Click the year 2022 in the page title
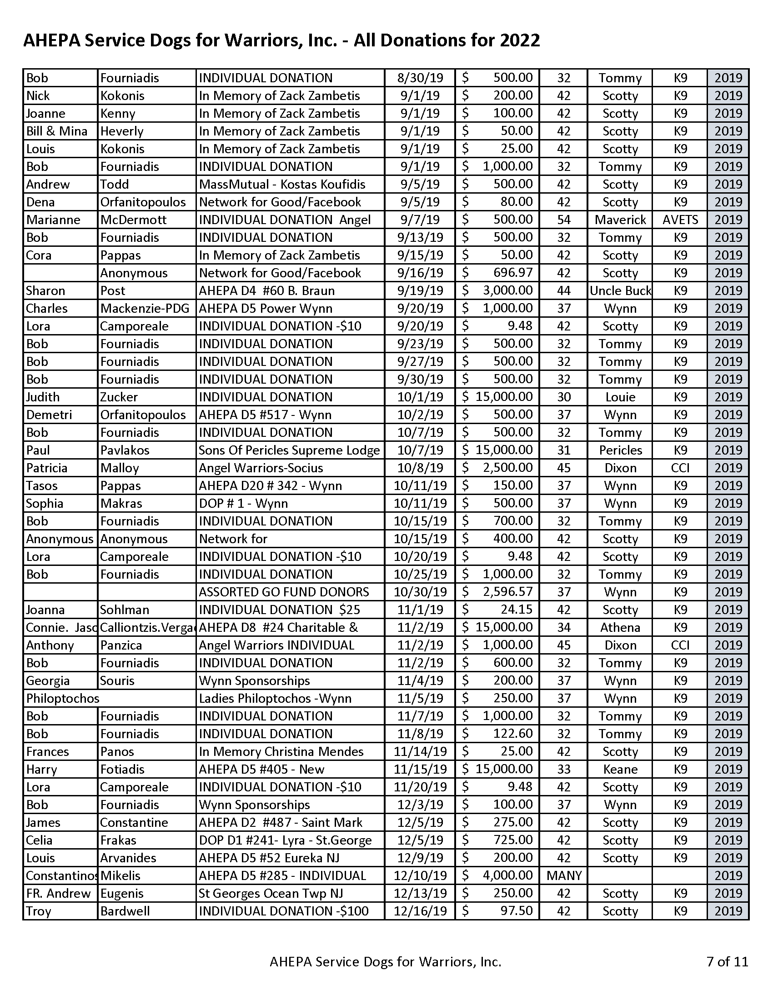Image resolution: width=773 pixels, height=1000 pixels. click(x=519, y=41)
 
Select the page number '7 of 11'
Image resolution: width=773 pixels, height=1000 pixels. click(x=727, y=961)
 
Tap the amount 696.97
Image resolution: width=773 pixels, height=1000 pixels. click(x=513, y=273)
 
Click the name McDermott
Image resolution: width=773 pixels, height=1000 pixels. click(x=133, y=220)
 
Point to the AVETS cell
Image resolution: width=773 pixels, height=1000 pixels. click(x=680, y=220)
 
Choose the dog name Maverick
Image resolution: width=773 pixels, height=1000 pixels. click(x=620, y=220)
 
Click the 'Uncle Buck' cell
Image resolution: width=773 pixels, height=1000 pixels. click(x=620, y=291)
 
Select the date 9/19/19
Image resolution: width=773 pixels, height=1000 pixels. click(x=420, y=291)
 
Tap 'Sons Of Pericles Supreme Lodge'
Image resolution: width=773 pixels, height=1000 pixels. click(x=289, y=450)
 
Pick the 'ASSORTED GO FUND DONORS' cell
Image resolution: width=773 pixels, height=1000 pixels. click(x=283, y=592)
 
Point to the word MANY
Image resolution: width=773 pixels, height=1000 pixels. click(x=564, y=875)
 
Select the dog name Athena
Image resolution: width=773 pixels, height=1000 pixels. click(x=620, y=627)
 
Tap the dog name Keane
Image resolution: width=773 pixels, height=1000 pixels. click(x=620, y=769)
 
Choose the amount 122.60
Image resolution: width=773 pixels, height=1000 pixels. click(x=513, y=734)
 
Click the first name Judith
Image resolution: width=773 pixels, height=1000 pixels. click(x=43, y=397)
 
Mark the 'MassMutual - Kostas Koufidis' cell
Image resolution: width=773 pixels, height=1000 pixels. click(x=282, y=185)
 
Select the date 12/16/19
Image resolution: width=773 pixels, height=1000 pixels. click(x=420, y=911)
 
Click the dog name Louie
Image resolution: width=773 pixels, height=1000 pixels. click(x=620, y=397)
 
